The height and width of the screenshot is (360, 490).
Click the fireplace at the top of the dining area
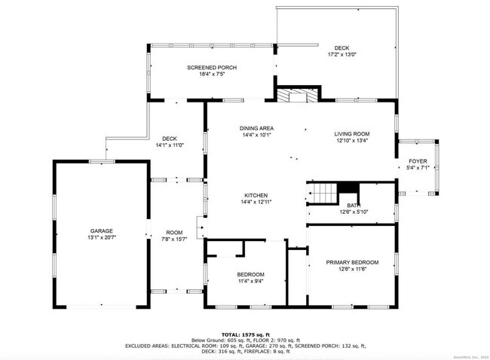[296, 96]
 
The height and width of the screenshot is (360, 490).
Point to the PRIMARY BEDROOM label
[352, 262]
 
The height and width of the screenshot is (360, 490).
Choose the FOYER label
[417, 161]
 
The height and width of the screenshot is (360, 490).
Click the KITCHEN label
[255, 195]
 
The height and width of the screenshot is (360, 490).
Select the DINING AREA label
[256, 129]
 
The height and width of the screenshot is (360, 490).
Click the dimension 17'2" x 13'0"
[342, 55]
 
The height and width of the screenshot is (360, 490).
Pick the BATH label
[353, 205]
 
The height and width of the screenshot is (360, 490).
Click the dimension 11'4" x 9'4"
[250, 280]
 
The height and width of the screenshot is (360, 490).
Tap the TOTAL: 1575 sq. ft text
[244, 333]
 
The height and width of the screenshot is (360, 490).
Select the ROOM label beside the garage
[175, 232]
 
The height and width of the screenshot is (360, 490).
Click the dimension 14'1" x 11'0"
[170, 145]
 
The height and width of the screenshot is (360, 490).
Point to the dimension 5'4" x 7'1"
[417, 167]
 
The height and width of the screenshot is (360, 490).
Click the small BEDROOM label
[250, 274]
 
